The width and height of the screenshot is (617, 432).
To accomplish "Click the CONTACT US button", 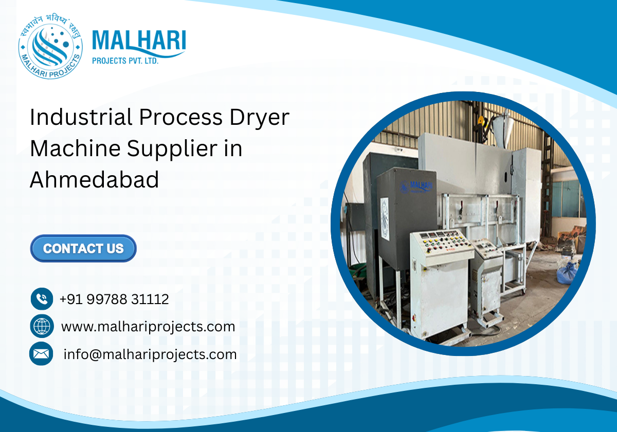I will (83, 249).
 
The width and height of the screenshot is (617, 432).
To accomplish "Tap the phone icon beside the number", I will (42, 299).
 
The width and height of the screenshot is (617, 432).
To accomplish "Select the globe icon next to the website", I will (42, 326).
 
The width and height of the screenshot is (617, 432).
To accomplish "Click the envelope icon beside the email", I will (41, 354).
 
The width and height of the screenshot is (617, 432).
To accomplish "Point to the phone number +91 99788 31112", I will (114, 299).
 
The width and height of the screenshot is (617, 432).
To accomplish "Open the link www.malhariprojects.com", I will (148, 326).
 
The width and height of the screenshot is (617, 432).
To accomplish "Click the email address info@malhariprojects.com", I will (150, 354).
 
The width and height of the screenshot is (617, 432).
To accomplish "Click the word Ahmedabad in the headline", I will (95, 180).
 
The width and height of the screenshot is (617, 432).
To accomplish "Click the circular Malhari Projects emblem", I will (50, 47).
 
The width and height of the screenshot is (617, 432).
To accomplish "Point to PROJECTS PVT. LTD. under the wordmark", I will (125, 61).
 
